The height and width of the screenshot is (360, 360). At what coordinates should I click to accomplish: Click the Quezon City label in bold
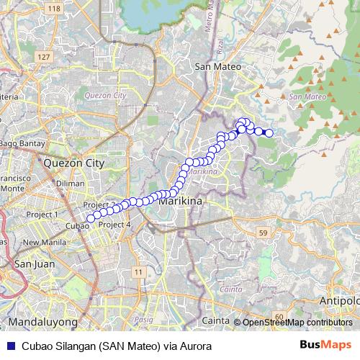click(74, 163)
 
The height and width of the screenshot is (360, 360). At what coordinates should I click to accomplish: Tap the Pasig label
click(144, 318)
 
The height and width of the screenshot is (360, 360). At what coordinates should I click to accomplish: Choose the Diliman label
click(70, 184)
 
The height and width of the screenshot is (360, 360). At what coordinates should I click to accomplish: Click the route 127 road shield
click(45, 57)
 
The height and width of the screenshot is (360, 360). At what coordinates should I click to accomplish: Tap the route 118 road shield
click(53, 8)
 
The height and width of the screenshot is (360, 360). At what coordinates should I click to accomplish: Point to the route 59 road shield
click(264, 233)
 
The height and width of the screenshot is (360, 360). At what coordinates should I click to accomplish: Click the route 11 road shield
click(138, 271)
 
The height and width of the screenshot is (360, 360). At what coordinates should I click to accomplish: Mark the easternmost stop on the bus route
click(269, 132)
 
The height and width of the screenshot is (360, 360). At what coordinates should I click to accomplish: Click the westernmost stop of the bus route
click(90, 218)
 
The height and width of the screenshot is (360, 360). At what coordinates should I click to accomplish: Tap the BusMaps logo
click(325, 346)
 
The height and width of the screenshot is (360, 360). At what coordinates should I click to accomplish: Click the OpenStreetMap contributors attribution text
click(297, 322)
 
